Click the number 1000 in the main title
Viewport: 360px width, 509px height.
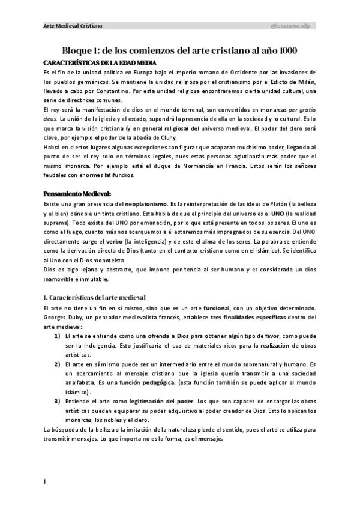pos(282,51)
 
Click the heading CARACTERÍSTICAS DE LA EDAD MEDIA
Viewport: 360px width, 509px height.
pos(100,63)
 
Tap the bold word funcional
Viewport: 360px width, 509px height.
pos(220,307)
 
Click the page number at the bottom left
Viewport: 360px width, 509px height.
pos(45,481)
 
